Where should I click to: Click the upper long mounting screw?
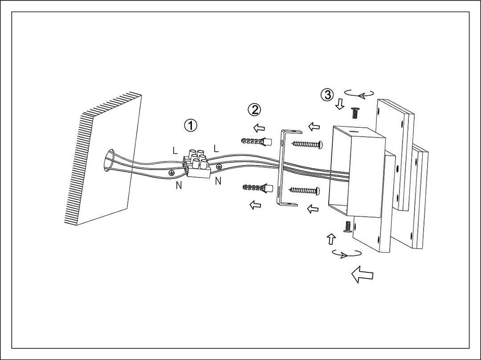(x=306, y=144)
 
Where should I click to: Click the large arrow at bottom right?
(x=362, y=274)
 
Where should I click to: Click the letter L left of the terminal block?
(x=175, y=150)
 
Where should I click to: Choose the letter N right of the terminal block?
(x=218, y=181)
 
